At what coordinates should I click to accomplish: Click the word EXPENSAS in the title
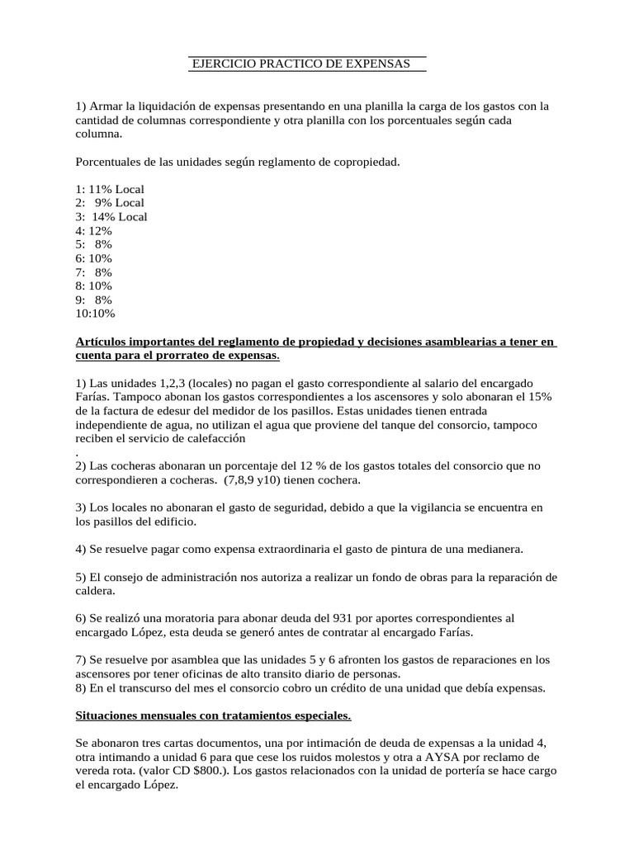click(x=377, y=64)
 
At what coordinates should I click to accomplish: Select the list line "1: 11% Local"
click(x=109, y=189)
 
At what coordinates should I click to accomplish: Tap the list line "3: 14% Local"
click(x=111, y=217)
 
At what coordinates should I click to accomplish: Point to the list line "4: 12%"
click(x=93, y=231)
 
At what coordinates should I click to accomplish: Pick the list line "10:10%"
click(x=95, y=314)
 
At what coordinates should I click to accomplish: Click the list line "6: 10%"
click(x=93, y=258)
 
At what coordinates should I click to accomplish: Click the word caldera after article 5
click(x=96, y=591)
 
